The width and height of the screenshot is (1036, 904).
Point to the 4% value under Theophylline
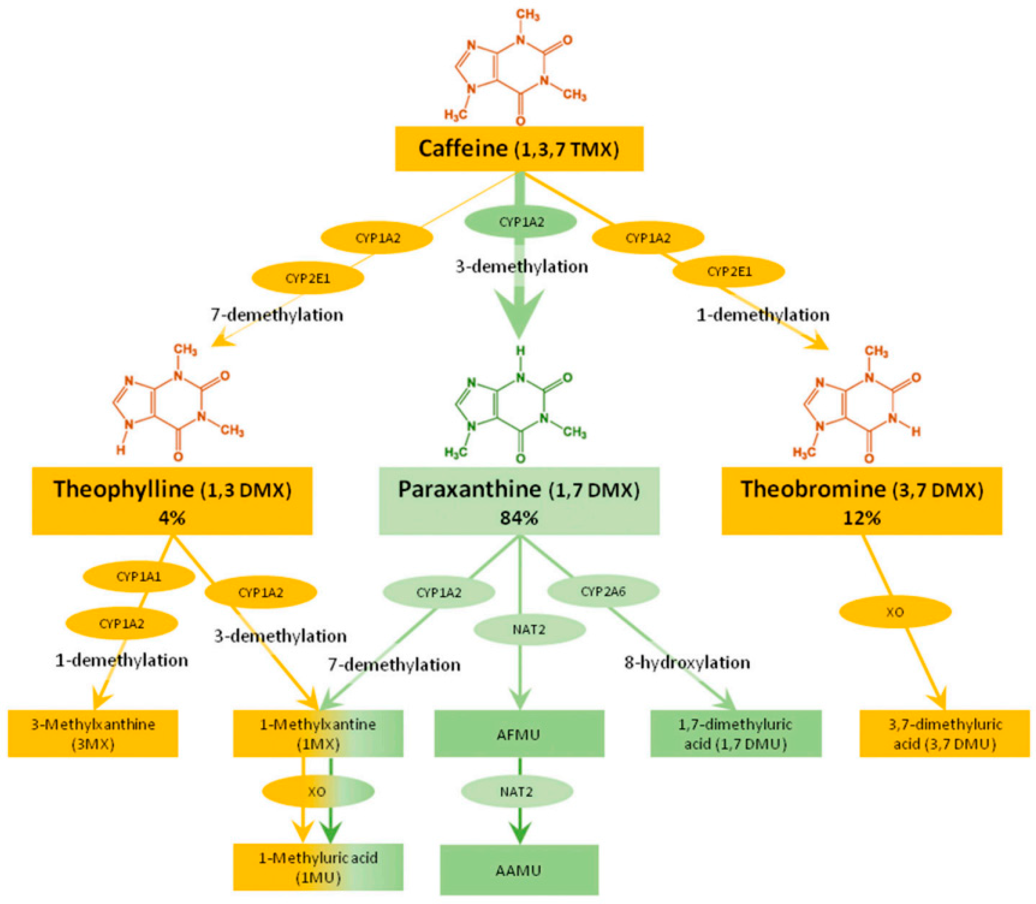click(x=172, y=518)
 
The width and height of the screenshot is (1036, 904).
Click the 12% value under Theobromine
click(x=862, y=518)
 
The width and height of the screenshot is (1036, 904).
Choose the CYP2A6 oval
click(x=603, y=591)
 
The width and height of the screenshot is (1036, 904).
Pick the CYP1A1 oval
click(x=139, y=577)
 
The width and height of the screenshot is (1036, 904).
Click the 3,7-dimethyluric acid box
click(x=944, y=734)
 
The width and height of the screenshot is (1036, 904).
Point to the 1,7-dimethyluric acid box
click(x=736, y=734)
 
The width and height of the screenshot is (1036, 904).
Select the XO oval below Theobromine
click(x=895, y=612)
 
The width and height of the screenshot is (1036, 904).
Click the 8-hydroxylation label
click(x=687, y=662)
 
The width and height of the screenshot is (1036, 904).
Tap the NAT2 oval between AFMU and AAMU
click(x=517, y=791)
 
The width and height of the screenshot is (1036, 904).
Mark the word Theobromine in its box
click(x=813, y=489)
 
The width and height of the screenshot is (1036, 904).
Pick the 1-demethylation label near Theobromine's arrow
click(x=763, y=315)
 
